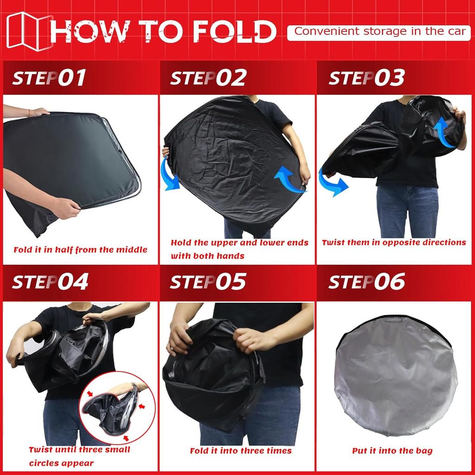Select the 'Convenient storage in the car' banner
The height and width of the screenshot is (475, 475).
coord(379,32)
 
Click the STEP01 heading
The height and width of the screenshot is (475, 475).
coord(49,78)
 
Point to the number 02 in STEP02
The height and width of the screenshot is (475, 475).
coord(231,78)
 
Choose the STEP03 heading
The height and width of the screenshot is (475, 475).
coord(366,78)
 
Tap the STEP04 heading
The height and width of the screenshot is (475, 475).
coord(50,282)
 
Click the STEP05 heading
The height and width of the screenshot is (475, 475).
coord(208,282)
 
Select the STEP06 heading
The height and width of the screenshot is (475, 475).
coord(366,282)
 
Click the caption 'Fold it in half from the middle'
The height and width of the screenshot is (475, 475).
coord(80,250)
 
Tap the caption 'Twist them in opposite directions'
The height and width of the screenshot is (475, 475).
coord(394,242)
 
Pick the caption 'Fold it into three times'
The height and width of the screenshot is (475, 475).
coord(241,450)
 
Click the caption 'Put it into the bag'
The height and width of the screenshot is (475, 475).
coord(392,450)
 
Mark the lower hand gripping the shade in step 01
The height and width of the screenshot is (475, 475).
coord(65,207)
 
